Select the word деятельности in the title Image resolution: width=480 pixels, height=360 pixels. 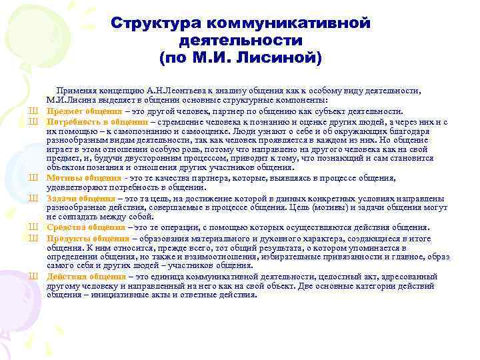pos(241,41)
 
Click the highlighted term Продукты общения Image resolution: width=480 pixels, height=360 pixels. pos(87,238)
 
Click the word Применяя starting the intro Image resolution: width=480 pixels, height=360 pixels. pos(78,91)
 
